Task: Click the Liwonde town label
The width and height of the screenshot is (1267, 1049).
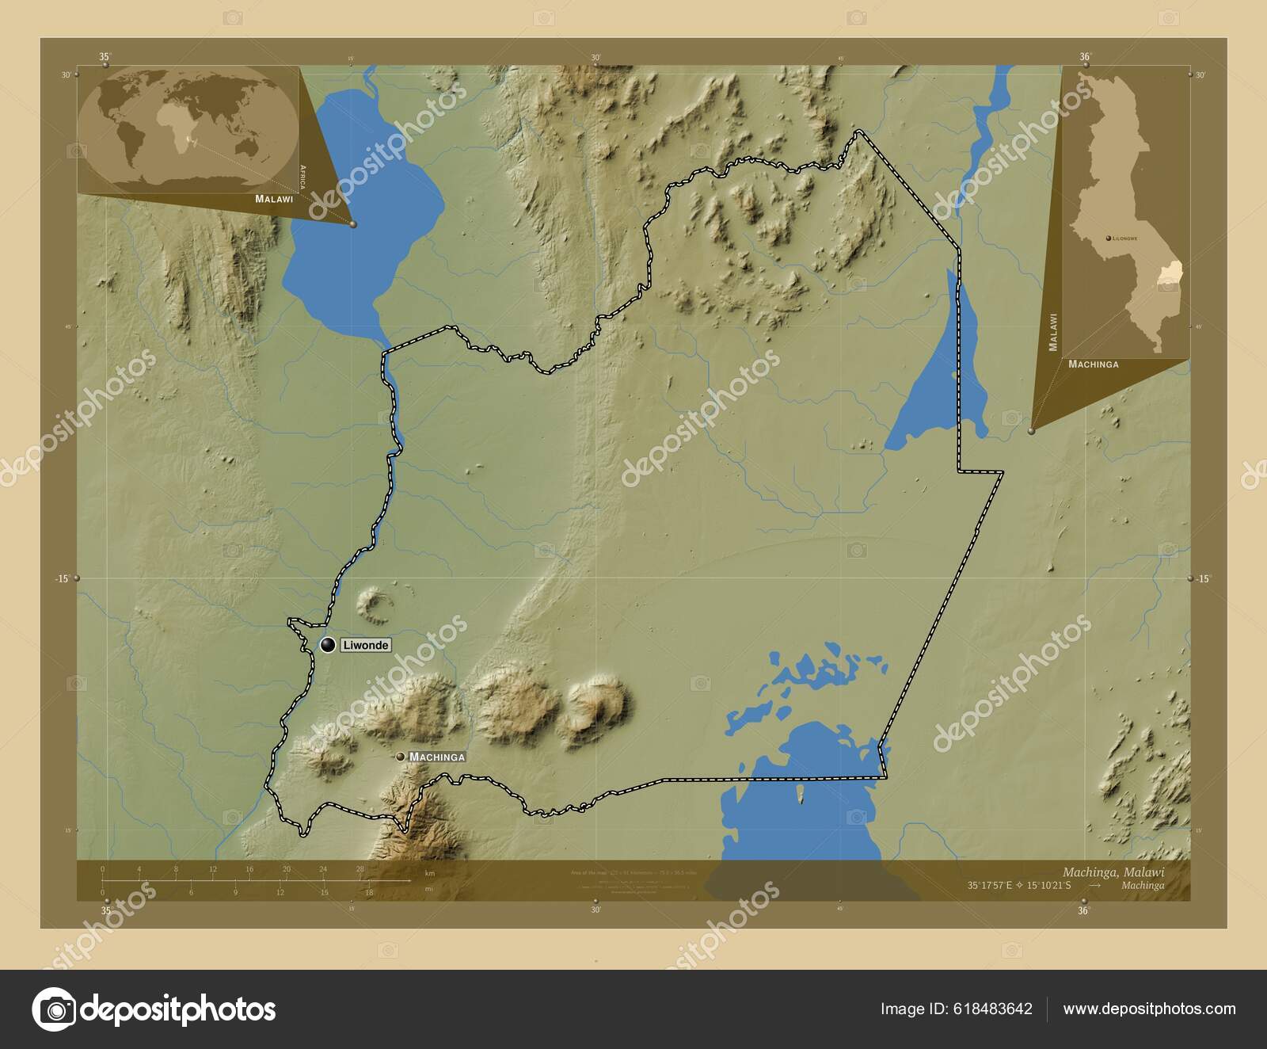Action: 366,646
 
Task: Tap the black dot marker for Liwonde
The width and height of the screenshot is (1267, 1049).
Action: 327,645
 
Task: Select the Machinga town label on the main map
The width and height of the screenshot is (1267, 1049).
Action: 437,757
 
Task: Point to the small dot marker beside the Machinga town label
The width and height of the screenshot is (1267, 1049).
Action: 401,757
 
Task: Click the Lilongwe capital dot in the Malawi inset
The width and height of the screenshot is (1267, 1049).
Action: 1107,238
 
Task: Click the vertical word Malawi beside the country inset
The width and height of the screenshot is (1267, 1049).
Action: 1053,332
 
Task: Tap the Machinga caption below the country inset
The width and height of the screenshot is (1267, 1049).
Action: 1094,364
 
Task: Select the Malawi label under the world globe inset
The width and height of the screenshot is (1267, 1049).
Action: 274,199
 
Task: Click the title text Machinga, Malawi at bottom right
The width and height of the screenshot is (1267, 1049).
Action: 1113,872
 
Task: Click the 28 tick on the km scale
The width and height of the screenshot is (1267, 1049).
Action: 360,869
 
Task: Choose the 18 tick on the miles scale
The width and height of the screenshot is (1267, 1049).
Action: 369,892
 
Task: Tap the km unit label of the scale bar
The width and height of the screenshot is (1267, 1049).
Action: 430,873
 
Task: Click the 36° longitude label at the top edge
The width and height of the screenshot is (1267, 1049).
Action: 1085,57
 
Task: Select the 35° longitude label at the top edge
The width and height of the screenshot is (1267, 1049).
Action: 105,57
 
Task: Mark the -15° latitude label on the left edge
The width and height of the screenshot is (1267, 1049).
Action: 63,578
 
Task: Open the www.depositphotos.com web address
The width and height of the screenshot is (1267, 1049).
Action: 1149,1009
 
